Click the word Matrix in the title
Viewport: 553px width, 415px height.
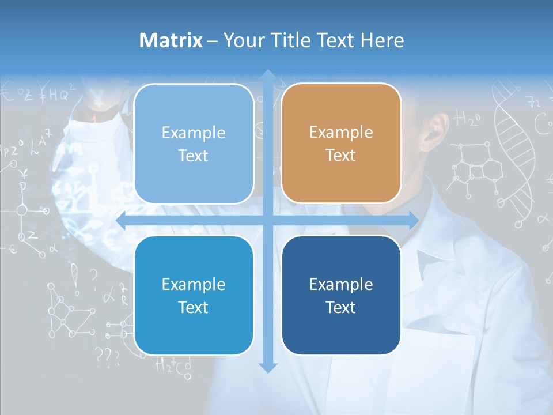pos(171,40)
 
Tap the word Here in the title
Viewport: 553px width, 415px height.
pos(382,40)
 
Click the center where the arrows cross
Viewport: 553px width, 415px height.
pos(268,220)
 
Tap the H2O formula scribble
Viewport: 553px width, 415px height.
pos(467,119)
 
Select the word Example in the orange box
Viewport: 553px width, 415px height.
pos(341,133)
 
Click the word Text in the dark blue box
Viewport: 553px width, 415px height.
pos(341,307)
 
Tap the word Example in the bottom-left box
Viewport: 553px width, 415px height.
pos(194,284)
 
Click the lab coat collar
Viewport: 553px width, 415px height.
pos(438,242)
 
